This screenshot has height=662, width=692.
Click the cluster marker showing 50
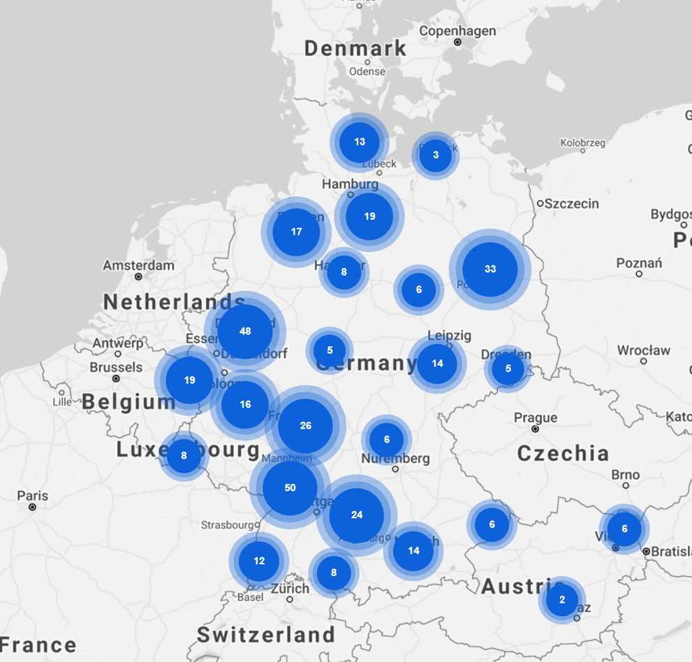click(x=290, y=488)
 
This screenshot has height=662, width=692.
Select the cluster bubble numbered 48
click(x=245, y=331)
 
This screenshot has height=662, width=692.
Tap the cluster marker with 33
click(x=490, y=269)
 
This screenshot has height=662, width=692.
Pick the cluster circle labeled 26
click(x=305, y=426)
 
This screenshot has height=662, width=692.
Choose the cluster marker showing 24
click(x=357, y=515)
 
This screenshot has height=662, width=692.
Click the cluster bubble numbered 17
click(x=296, y=232)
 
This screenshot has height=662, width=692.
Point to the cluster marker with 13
click(x=360, y=142)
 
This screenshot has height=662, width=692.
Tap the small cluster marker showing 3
click(x=436, y=155)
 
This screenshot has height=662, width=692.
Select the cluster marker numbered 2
click(x=562, y=600)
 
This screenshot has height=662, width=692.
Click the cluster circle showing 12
click(x=259, y=561)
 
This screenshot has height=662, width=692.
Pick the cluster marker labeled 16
click(x=245, y=404)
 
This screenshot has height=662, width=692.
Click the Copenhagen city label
click(x=457, y=31)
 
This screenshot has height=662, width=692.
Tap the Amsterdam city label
click(x=138, y=265)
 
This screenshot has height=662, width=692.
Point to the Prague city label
click(x=536, y=418)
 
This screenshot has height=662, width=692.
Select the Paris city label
click(x=33, y=496)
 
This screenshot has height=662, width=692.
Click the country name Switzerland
click(x=266, y=635)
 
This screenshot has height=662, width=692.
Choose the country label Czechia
click(x=563, y=453)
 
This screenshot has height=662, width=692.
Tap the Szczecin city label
click(x=571, y=203)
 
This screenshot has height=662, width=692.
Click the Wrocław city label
click(x=643, y=350)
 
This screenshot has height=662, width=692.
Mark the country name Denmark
click(x=355, y=47)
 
